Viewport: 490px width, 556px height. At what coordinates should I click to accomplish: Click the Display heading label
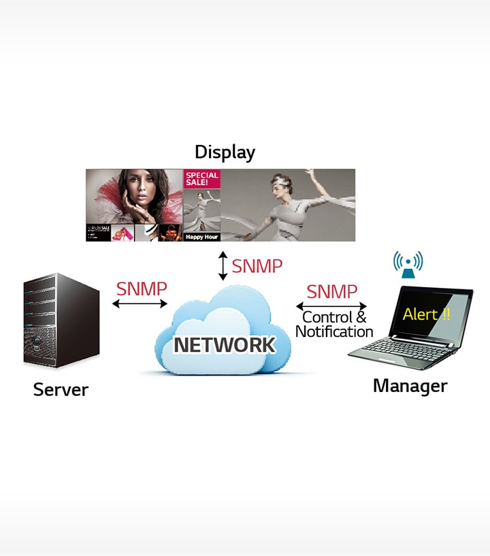click(x=225, y=152)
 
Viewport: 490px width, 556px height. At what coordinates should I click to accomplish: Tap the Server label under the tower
click(x=61, y=390)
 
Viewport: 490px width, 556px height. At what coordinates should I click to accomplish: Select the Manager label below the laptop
click(x=410, y=386)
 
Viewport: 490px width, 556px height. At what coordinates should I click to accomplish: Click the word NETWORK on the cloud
click(x=225, y=345)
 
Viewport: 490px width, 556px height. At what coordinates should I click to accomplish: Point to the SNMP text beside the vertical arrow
click(x=257, y=266)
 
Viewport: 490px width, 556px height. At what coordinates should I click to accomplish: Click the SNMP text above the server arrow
click(x=141, y=289)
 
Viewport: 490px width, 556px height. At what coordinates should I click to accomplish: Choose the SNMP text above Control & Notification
click(x=331, y=292)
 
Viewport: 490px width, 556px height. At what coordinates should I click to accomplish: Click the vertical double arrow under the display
click(x=223, y=266)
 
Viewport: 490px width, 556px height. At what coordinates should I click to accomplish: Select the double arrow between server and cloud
click(x=140, y=304)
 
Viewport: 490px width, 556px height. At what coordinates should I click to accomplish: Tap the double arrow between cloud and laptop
click(x=331, y=306)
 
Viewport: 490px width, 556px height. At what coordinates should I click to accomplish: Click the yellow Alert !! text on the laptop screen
click(x=426, y=314)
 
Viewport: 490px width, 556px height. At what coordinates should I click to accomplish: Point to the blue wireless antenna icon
click(x=408, y=265)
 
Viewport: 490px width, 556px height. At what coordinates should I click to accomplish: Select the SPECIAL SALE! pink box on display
click(x=202, y=179)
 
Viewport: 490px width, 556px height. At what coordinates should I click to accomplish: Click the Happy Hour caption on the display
click(x=201, y=237)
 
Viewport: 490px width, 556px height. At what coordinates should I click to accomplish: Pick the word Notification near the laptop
click(x=334, y=331)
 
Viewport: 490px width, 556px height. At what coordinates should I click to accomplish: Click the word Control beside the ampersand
click(x=327, y=317)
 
